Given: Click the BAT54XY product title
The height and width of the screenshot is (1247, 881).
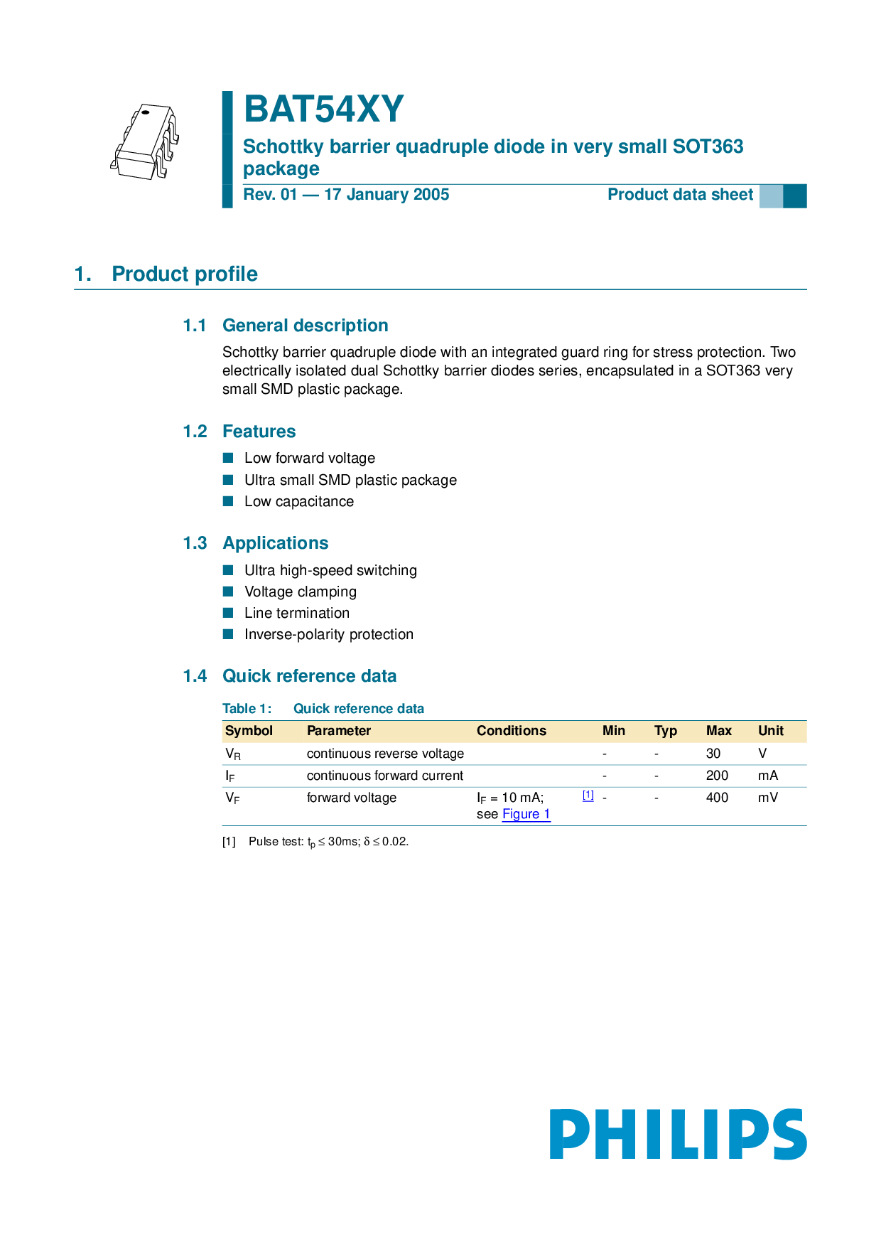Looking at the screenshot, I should [323, 109].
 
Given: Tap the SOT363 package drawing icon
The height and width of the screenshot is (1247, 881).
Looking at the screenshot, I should [145, 142].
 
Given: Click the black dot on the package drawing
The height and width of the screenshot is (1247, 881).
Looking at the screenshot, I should [145, 112].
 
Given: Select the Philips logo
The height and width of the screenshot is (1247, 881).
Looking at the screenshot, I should [678, 1134].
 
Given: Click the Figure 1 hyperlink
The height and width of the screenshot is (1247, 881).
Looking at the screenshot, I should [526, 815].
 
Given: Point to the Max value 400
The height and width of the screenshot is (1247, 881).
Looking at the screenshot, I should [717, 798].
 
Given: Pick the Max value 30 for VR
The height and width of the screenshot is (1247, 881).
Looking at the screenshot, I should [713, 754].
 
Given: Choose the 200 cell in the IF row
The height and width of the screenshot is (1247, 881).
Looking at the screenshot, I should [717, 776].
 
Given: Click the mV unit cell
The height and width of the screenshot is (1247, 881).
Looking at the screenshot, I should [767, 798].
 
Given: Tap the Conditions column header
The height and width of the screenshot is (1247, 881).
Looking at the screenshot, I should [512, 731].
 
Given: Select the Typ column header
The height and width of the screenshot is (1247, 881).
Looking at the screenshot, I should [666, 731].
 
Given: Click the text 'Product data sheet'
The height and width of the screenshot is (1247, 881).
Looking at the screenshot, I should [680, 195].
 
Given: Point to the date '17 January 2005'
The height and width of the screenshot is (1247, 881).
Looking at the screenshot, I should [387, 195].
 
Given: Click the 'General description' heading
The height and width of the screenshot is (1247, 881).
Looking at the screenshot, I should [306, 326].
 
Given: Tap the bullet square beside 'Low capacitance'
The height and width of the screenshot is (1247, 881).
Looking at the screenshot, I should [228, 501].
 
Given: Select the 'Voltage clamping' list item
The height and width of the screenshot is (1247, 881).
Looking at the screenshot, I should [301, 592].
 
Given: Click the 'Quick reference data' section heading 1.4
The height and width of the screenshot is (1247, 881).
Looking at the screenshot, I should [310, 676].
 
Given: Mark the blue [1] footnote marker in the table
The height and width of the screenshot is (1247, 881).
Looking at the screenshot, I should [588, 796].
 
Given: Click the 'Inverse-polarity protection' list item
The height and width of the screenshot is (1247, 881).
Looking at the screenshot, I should [329, 634].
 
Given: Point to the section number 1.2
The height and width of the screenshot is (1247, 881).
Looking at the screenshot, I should [195, 432].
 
